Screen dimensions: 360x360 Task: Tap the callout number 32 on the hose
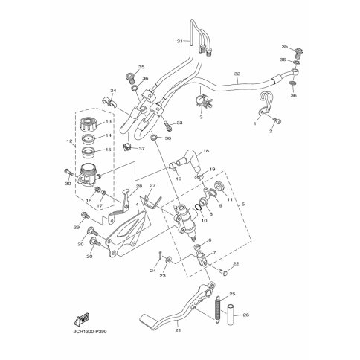(237, 74)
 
